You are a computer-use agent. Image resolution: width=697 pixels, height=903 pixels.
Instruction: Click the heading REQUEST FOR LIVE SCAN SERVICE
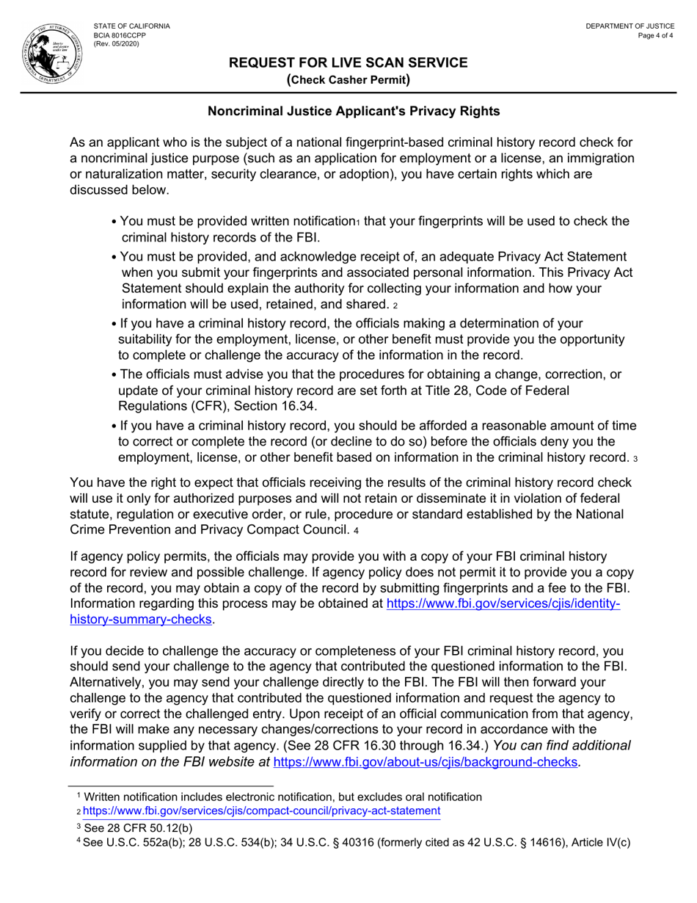tap(348, 63)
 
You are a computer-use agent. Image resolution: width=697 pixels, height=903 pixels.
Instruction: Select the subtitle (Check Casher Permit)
tap(348, 80)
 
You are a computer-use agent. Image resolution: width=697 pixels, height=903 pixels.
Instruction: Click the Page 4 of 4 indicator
tap(657, 35)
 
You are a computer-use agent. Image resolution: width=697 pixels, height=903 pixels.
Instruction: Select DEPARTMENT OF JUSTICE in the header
tap(630, 26)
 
